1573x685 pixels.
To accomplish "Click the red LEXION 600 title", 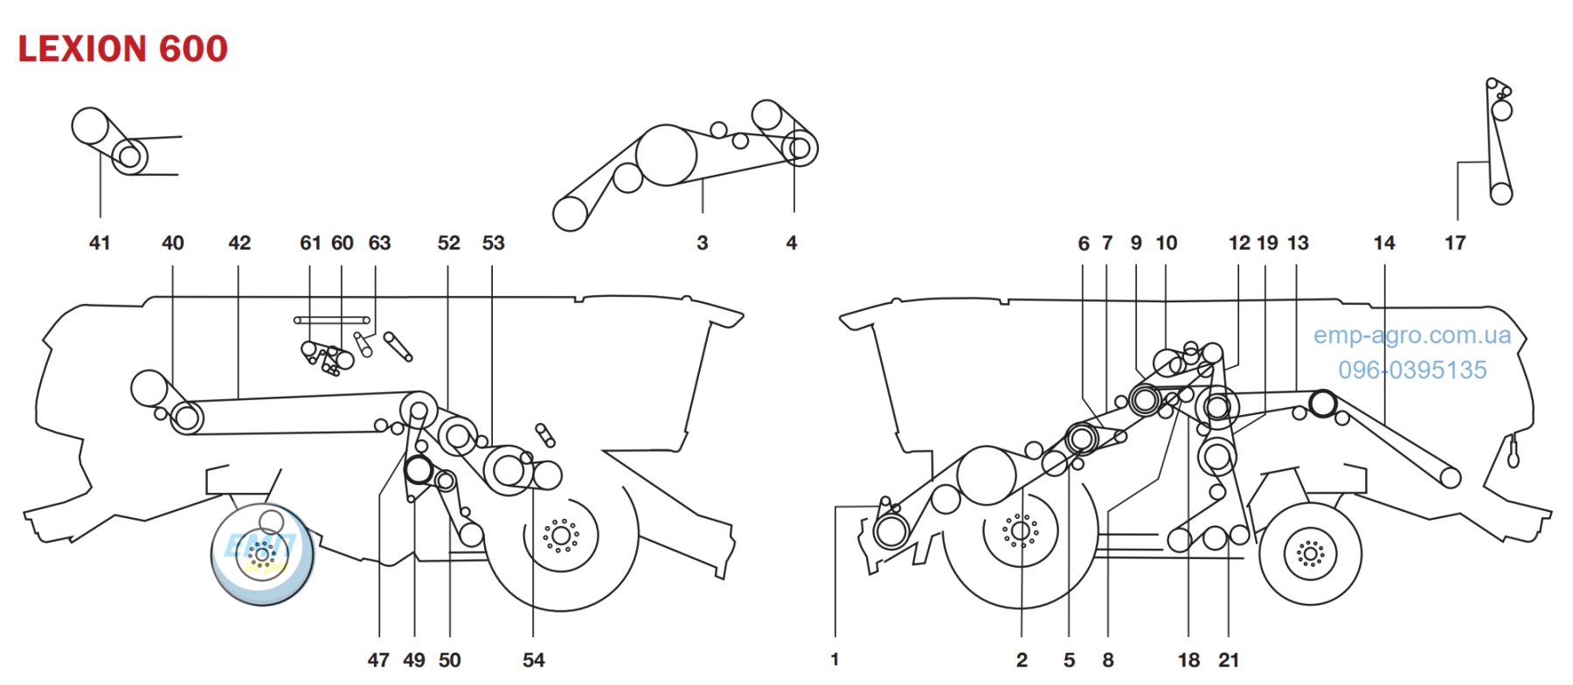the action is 123,49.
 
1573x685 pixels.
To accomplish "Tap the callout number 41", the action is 100,243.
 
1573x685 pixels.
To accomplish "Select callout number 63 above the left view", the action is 379,243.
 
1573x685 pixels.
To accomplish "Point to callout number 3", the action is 703,243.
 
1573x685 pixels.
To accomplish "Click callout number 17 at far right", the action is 1455,243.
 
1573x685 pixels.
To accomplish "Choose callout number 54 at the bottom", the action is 534,661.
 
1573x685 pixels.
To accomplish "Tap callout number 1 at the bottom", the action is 835,660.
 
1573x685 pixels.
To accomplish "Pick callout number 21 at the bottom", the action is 1229,661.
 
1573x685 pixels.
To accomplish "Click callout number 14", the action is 1384,243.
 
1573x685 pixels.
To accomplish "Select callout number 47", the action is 378,661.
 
